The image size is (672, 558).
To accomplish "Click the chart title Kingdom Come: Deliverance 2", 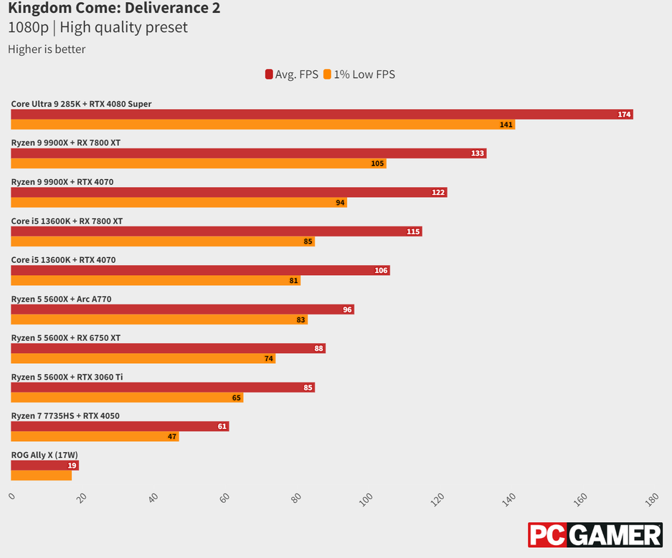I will (x=114, y=9).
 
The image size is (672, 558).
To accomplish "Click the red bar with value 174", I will (x=322, y=115).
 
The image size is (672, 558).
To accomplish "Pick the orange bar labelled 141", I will (x=262, y=125).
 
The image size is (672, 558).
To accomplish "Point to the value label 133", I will (x=478, y=153).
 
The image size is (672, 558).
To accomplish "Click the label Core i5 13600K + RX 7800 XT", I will (x=67, y=221).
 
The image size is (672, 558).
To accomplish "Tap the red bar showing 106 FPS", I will (x=200, y=270).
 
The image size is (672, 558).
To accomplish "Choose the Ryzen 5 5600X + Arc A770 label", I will (x=61, y=299).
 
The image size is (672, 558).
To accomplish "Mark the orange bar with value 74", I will (x=143, y=358).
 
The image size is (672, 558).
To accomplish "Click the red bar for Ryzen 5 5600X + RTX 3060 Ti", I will (x=163, y=388).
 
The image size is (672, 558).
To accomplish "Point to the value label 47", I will (x=172, y=436).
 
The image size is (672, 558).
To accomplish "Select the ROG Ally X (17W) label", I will (x=44, y=454).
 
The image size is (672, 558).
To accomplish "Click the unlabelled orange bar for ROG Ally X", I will (x=42, y=475).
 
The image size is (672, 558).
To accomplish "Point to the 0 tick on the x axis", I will (x=11, y=496).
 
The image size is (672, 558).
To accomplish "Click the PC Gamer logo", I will (x=595, y=535).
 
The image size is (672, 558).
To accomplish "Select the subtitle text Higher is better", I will (x=47, y=49).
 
